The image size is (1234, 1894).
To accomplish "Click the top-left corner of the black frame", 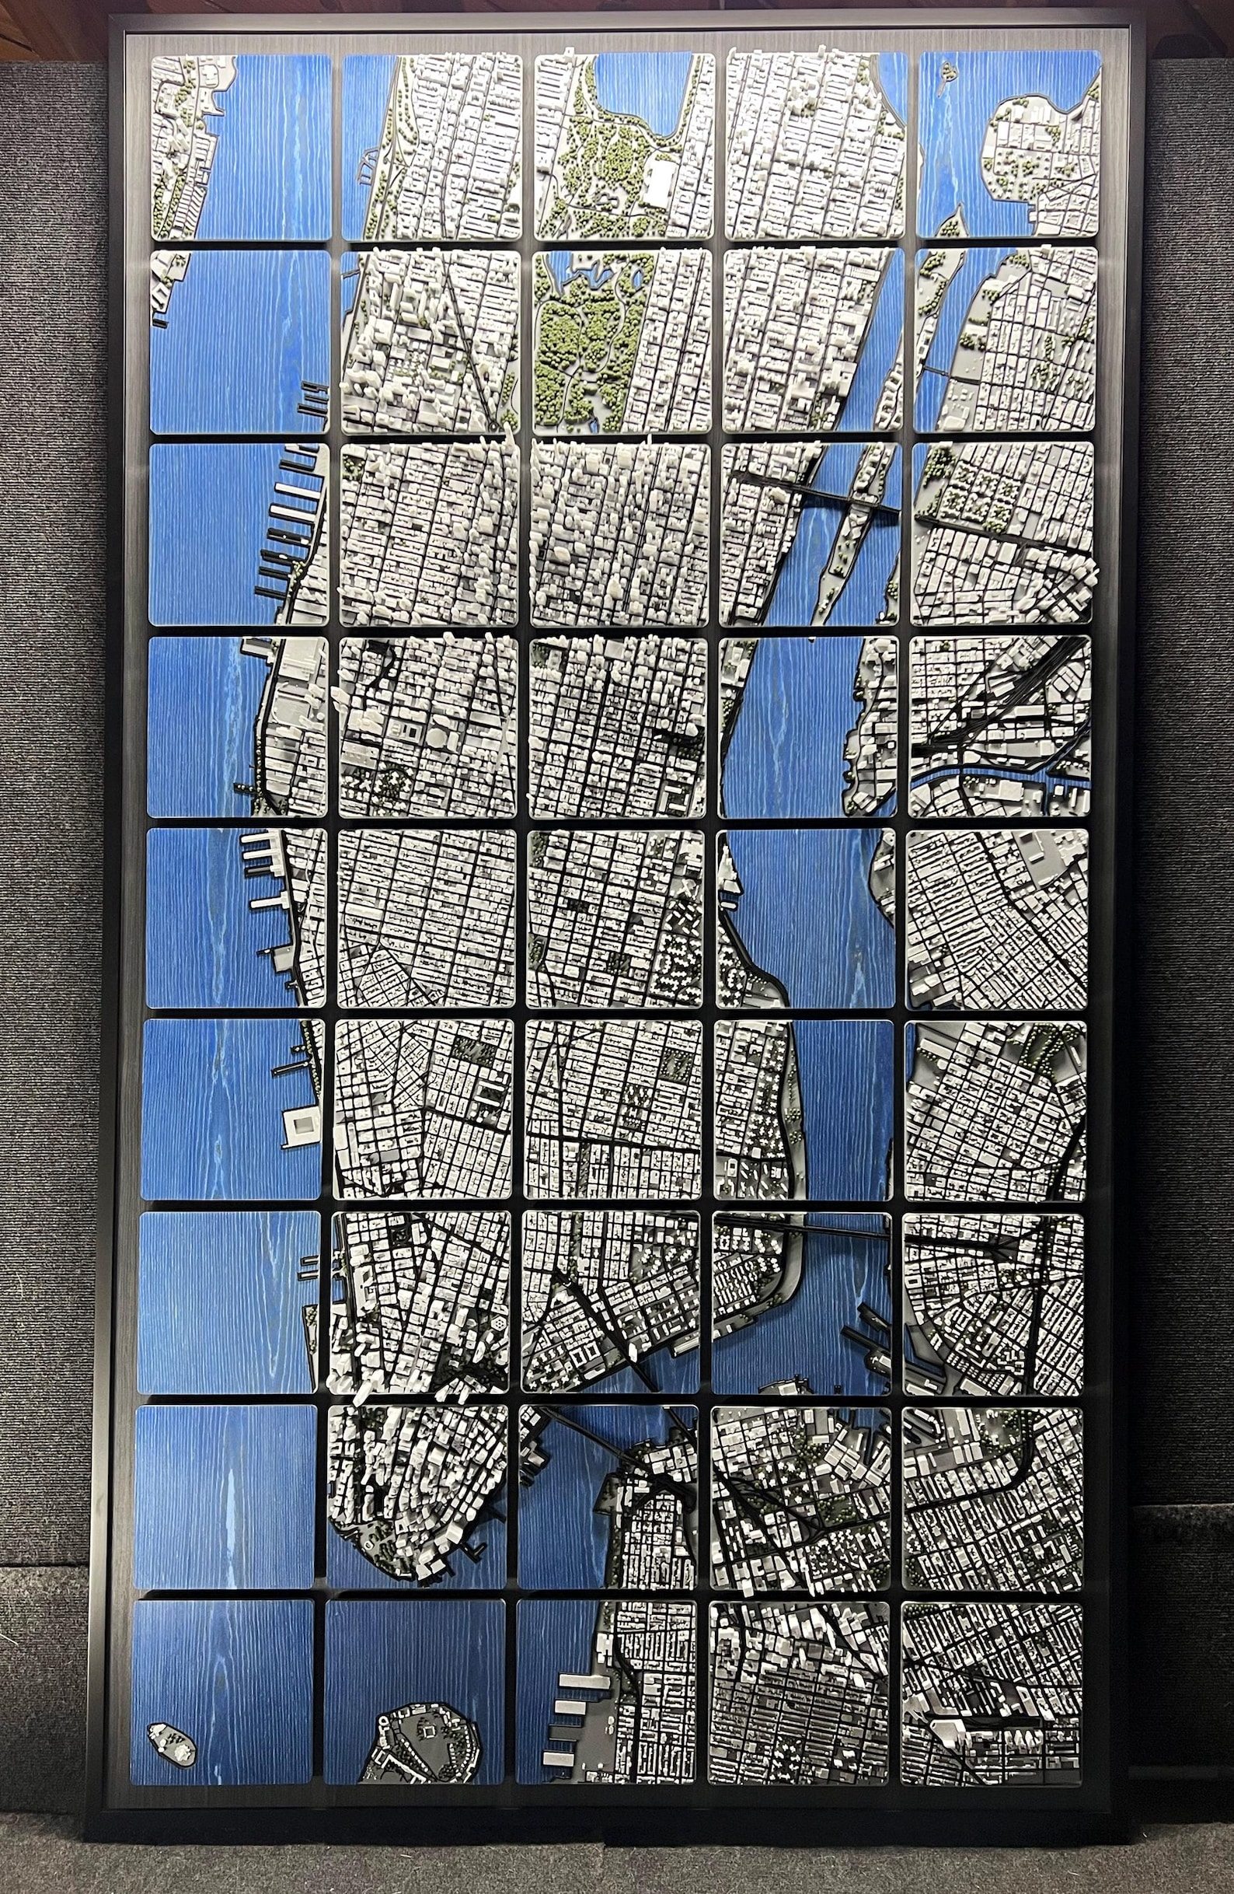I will point(112,18).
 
